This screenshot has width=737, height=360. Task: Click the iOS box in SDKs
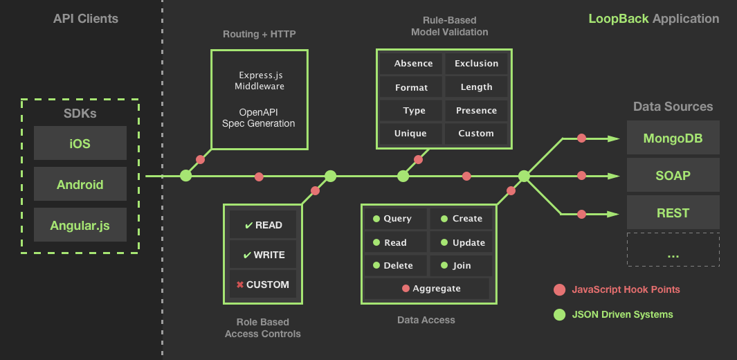tap(80, 144)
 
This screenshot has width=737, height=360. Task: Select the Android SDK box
tap(80, 185)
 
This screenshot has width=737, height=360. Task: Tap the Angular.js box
tap(80, 225)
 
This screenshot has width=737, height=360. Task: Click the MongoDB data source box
tap(673, 138)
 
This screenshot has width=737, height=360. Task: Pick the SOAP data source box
tap(673, 176)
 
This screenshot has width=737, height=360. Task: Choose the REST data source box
tap(673, 213)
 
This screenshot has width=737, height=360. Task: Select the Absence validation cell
tap(413, 64)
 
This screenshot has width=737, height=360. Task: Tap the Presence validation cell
tap(476, 111)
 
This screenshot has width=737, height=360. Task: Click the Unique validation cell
tap(410, 134)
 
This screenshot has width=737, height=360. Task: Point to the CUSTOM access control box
tap(262, 285)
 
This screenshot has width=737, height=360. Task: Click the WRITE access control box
tap(262, 255)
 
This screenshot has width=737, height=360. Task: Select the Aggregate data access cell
tap(427, 289)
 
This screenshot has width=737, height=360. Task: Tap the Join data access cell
tap(461, 265)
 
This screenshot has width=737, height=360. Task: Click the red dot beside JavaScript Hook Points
tap(559, 289)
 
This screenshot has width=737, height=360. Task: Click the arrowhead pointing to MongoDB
tap(613, 138)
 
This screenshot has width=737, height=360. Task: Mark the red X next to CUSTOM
tap(239, 285)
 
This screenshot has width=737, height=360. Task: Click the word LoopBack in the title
tap(618, 19)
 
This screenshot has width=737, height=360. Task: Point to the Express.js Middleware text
tap(260, 81)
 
